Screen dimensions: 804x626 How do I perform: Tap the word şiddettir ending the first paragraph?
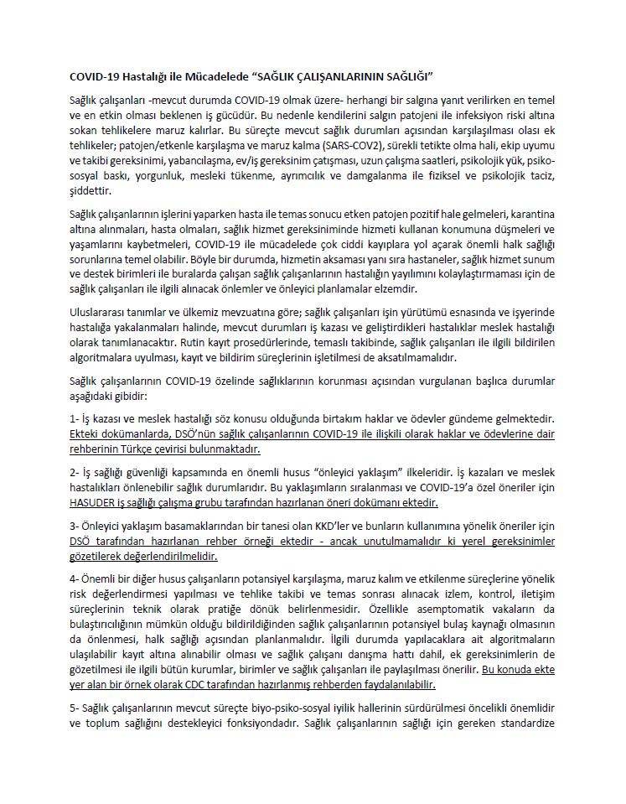click(91, 191)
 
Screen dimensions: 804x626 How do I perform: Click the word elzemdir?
click(392, 289)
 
